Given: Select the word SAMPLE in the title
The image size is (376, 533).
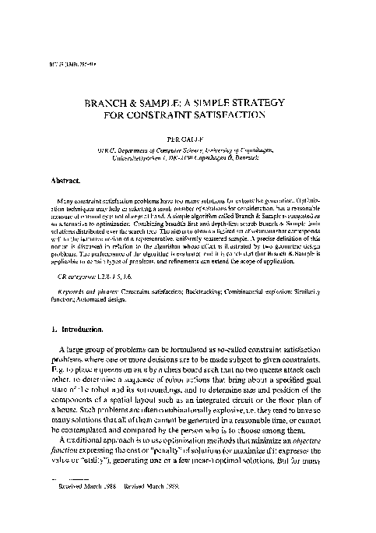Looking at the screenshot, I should tap(163, 102).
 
